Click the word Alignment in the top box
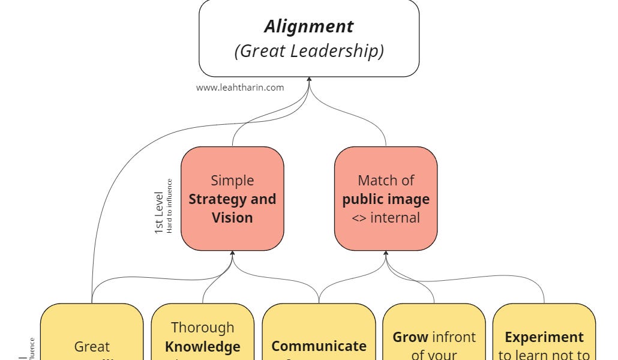(x=309, y=26)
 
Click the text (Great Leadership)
(x=309, y=51)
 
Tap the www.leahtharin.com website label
(x=240, y=87)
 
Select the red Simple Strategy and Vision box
(x=232, y=199)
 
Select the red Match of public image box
(x=386, y=199)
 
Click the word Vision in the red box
(x=232, y=217)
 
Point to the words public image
(x=386, y=199)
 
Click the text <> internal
(x=386, y=217)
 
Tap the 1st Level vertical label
(x=160, y=212)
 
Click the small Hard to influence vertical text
(x=170, y=206)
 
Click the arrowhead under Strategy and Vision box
(x=233, y=254)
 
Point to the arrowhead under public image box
(x=386, y=254)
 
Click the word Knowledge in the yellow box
(x=203, y=347)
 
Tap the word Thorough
(x=203, y=328)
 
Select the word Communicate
(x=319, y=346)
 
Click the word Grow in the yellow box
(x=410, y=337)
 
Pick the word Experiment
(x=544, y=337)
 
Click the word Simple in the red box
(x=232, y=181)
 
